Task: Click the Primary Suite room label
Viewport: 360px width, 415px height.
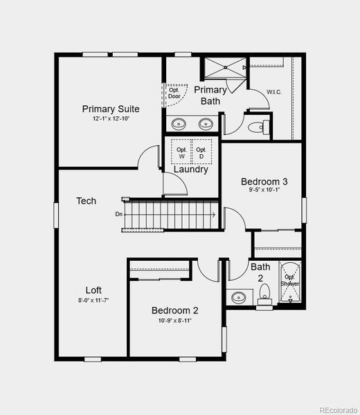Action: point(111,109)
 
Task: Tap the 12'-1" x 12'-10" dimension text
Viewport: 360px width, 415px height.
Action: point(111,119)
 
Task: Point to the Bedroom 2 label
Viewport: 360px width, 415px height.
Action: point(175,310)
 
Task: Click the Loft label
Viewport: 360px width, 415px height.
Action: point(93,290)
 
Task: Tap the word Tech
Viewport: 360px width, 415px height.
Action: point(86,201)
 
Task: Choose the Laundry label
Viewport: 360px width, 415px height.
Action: point(190,169)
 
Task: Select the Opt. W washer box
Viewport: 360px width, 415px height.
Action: point(181,153)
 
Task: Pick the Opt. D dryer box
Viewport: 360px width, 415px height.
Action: point(201,153)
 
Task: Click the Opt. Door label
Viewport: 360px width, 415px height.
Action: point(174,92)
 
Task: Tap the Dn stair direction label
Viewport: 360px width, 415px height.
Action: point(119,214)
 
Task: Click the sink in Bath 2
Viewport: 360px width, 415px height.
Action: point(239,297)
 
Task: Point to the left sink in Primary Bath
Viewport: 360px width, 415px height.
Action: point(179,124)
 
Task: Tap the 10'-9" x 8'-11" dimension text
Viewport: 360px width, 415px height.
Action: point(175,320)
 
